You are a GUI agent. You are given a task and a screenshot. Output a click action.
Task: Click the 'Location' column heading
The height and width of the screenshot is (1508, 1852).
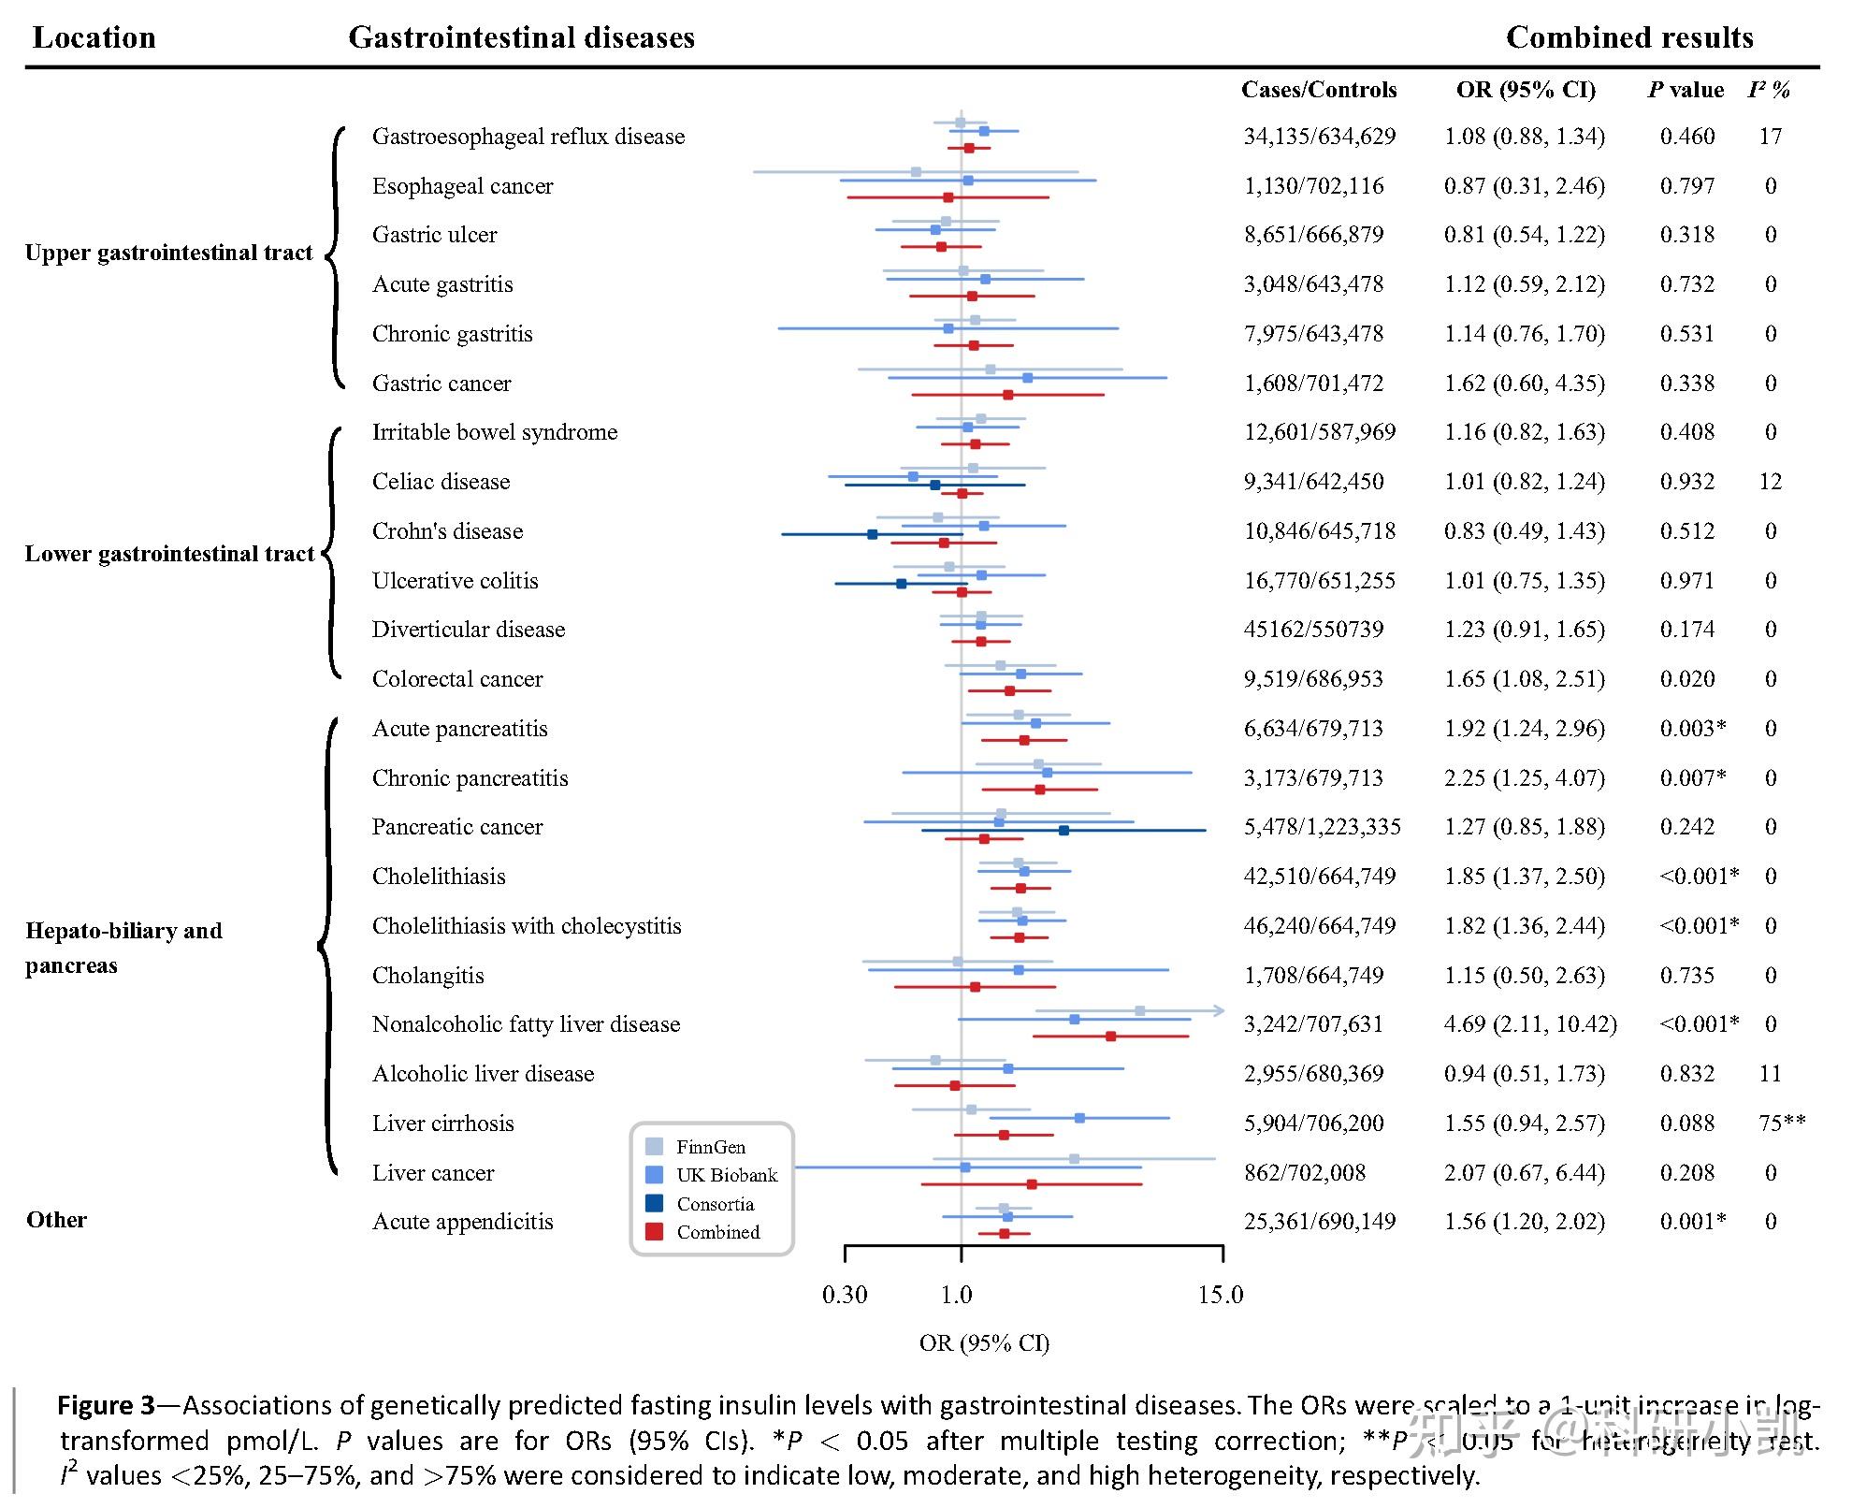94,37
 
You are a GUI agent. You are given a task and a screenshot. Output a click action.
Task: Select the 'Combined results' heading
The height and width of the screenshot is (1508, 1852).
1628,37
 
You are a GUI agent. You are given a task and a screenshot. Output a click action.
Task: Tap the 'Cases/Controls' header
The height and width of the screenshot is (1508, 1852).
1318,90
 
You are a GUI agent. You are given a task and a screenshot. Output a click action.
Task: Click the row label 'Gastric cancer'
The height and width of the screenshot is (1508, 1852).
441,384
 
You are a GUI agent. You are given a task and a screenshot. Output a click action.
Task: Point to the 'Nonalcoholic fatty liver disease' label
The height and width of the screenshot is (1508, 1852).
526,1024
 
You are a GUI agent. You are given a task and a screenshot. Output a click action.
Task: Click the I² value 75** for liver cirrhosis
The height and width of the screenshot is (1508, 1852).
1781,1124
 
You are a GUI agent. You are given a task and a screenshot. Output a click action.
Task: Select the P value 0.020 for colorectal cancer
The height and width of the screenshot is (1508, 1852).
1686,679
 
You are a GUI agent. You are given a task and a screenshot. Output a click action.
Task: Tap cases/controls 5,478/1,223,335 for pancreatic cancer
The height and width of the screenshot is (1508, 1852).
1322,827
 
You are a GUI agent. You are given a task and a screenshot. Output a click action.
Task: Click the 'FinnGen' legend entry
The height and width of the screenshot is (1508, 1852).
711,1147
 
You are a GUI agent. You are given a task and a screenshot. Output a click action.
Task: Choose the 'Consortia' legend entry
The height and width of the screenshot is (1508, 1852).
715,1204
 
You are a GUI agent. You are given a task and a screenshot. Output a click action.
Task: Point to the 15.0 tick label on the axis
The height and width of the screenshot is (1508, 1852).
1221,1296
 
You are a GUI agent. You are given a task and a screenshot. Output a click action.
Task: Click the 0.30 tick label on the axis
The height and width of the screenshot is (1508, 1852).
845,1296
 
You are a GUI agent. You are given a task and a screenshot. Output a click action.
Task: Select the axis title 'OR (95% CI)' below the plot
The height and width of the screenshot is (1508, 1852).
984,1343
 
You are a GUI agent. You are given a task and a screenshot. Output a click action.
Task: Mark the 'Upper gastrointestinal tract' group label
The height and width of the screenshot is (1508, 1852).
168,253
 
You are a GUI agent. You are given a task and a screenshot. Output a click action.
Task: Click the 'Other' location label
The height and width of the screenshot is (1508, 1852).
56,1220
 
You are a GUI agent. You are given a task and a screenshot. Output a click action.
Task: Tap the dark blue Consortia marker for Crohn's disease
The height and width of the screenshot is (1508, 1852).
873,534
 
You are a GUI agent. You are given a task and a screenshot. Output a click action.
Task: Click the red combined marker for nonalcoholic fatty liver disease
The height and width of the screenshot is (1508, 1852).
1110,1037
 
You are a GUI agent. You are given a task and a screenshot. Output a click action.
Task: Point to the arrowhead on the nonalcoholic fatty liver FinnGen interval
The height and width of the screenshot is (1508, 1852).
1219,1010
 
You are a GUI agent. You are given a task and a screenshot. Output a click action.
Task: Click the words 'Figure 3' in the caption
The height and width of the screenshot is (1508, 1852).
106,1406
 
